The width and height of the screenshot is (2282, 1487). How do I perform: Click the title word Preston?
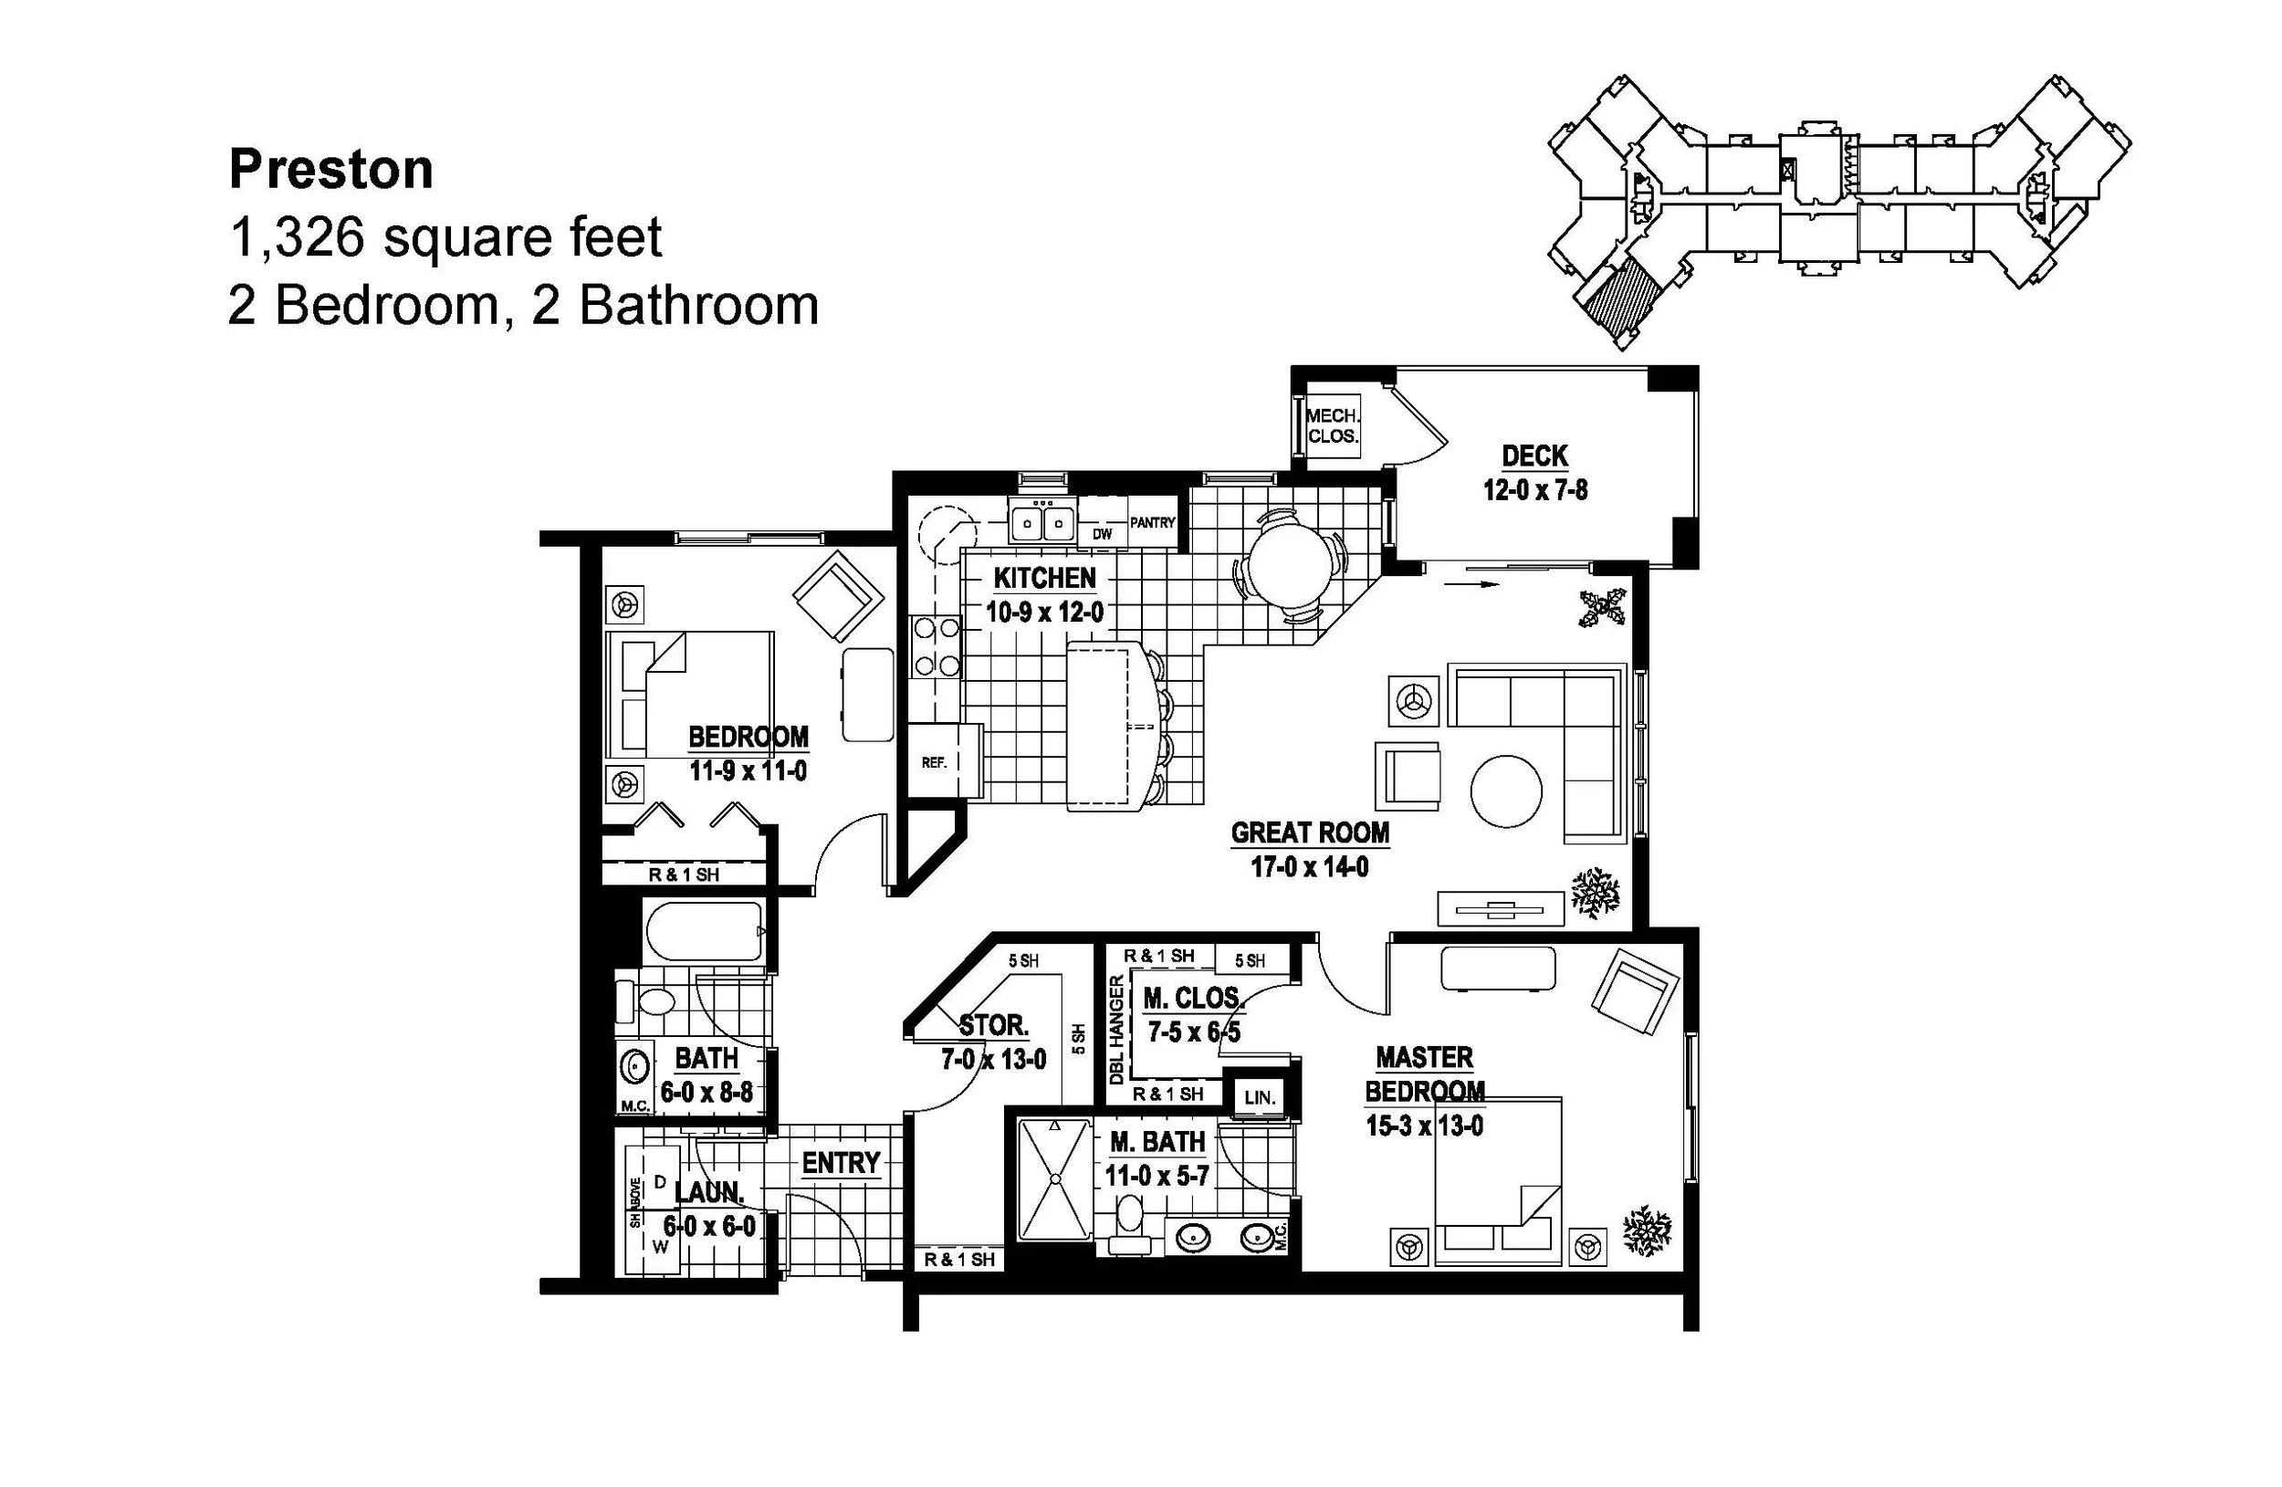click(x=330, y=170)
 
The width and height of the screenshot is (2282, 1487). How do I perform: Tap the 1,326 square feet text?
click(x=445, y=237)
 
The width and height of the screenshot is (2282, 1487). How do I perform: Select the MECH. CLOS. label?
click(x=1332, y=425)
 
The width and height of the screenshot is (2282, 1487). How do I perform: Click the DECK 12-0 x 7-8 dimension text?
click(x=1534, y=490)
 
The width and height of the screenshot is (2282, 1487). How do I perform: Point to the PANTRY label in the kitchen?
click(x=1152, y=522)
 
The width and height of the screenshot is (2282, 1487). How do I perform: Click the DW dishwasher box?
click(x=1103, y=533)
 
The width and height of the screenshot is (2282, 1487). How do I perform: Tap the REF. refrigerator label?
click(x=934, y=763)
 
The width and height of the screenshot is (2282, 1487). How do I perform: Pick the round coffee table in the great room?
click(x=1506, y=791)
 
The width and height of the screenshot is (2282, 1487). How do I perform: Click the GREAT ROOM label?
click(x=1310, y=833)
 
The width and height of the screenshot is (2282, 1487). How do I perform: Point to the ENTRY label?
click(x=840, y=1163)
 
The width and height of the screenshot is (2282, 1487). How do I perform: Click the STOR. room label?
click(x=994, y=1025)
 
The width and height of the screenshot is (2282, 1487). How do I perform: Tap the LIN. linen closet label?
click(x=1259, y=1098)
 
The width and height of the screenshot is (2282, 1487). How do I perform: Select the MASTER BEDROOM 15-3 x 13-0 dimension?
click(x=1424, y=1126)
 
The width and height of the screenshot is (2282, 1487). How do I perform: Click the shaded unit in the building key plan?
click(x=1619, y=301)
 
